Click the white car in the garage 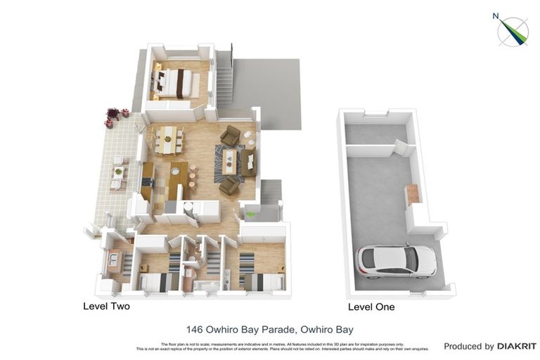click(x=397, y=261)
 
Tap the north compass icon click(x=513, y=30)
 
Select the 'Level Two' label click(x=106, y=307)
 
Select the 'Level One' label click(x=371, y=307)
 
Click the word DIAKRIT click(x=517, y=346)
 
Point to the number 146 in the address click(x=195, y=329)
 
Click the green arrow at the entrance click(x=250, y=214)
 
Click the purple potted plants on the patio click(x=113, y=115)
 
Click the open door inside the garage click(x=400, y=148)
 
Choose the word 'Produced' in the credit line click(x=468, y=346)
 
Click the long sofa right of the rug click(x=249, y=162)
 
